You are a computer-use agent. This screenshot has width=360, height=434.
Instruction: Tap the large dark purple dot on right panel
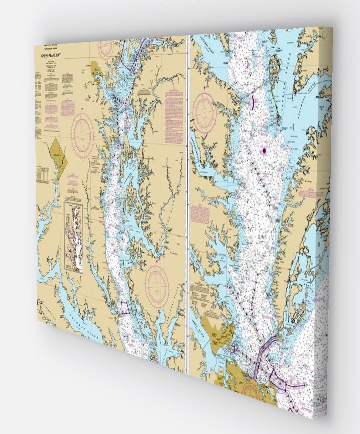pyautogui.click(x=265, y=151)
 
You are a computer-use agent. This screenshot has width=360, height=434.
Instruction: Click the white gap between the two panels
pyautogui.click(x=188, y=200)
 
